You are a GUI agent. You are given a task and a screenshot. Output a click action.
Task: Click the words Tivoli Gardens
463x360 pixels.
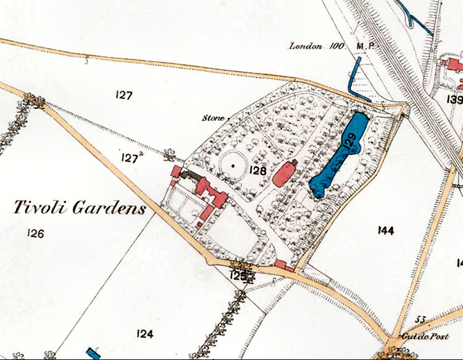click(80, 207)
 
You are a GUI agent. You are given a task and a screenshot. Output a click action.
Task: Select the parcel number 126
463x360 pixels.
click(36, 233)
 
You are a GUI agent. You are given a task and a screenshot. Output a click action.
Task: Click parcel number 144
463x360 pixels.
click(385, 230)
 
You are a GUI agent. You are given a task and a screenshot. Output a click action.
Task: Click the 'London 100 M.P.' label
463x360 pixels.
click(328, 46)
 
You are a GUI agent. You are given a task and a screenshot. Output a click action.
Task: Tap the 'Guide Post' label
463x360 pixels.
click(417, 337)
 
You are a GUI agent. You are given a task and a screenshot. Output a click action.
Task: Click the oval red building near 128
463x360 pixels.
click(283, 174)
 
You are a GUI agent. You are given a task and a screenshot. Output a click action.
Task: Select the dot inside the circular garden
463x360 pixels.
click(233, 165)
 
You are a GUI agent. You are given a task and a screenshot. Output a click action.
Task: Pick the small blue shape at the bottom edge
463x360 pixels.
click(94, 353)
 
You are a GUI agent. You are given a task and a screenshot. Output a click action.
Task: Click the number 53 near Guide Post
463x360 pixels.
click(421, 319)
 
